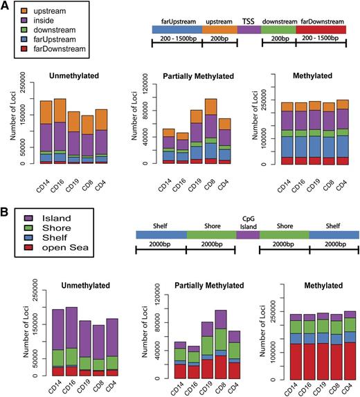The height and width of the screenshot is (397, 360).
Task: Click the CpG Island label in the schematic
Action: (247, 224)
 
